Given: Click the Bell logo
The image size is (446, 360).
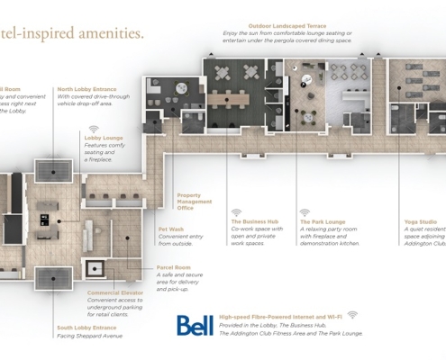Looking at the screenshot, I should pyautogui.click(x=195, y=325).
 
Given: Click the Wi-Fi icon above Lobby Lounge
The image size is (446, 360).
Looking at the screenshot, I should pyautogui.click(x=94, y=128).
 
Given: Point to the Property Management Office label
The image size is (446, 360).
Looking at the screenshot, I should pyautogui.click(x=195, y=201).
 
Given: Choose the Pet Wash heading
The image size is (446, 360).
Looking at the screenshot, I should pyautogui.click(x=170, y=229).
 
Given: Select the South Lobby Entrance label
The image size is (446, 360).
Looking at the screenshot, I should pyautogui.click(x=86, y=328).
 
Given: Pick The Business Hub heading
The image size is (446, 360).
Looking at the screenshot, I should pyautogui.click(x=254, y=220).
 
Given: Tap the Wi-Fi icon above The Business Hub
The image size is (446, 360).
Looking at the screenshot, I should pyautogui.click(x=237, y=211).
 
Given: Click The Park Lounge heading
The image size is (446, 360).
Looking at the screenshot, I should pyautogui.click(x=323, y=220).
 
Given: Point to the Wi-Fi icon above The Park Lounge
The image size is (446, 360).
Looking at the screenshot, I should pyautogui.click(x=305, y=211).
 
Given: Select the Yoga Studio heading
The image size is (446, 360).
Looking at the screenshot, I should pyautogui.click(x=421, y=221).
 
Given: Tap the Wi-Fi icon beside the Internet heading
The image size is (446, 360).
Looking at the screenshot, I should pyautogui.click(x=352, y=315).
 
